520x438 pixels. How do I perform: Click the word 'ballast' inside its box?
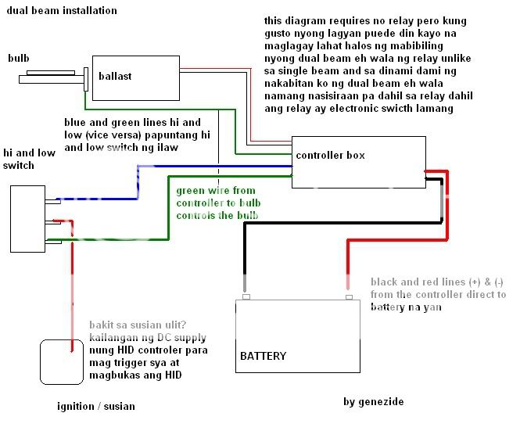click(115, 76)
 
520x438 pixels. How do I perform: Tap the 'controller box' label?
click(330, 156)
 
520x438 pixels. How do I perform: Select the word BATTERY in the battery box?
click(263, 356)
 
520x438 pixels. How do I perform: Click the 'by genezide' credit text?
click(374, 402)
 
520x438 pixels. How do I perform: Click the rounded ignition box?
click(61, 361)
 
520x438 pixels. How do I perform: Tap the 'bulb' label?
click(19, 59)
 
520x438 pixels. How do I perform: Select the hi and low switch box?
click(27, 218)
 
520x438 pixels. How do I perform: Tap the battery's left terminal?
click(246, 296)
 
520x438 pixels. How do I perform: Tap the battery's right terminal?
click(349, 296)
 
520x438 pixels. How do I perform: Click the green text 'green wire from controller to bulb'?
click(217, 203)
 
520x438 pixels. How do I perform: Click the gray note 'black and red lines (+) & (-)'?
click(438, 295)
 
